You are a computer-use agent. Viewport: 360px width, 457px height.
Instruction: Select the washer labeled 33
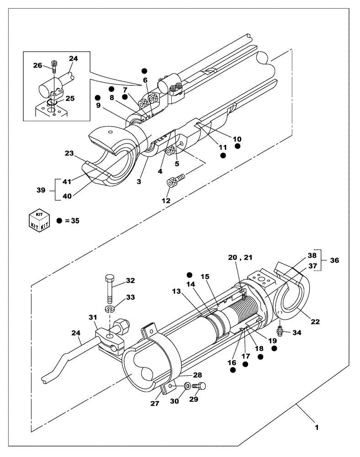(109, 310)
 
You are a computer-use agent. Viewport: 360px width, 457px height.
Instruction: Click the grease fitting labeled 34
(280, 329)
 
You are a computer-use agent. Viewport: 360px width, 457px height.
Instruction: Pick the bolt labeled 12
(174, 181)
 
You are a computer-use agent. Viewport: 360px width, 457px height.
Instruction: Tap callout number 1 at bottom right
(317, 428)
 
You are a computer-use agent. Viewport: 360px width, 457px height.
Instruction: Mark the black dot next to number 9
(97, 98)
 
